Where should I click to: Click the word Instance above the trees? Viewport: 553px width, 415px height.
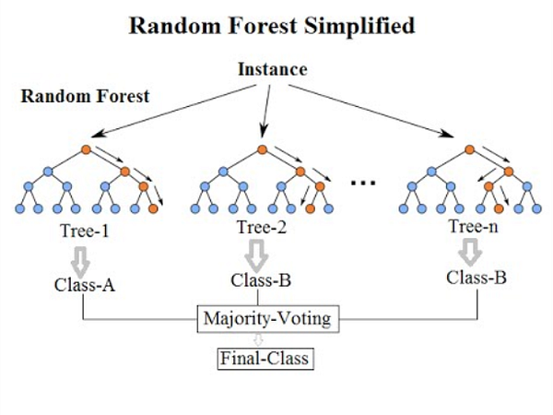tap(272, 70)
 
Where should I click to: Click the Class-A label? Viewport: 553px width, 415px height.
tap(83, 285)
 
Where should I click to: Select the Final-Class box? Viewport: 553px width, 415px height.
tap(268, 356)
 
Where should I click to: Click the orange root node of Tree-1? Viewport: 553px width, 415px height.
tap(86, 148)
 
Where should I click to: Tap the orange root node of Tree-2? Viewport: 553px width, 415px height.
tap(263, 148)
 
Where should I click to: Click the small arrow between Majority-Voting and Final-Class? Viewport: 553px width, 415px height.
tap(267, 338)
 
